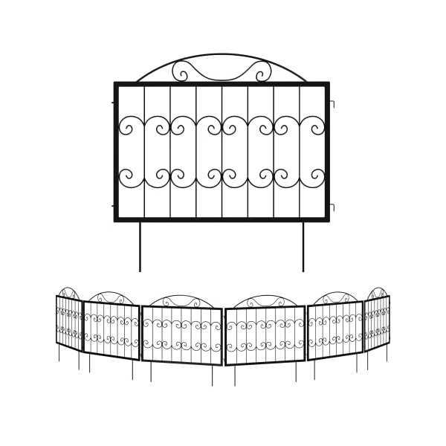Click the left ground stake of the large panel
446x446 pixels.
coord(140,247)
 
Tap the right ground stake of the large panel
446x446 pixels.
coord(303,247)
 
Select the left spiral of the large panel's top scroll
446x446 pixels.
coord(181,72)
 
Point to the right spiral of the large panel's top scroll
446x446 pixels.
coord(262,72)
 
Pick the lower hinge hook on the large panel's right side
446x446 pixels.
coord(332,206)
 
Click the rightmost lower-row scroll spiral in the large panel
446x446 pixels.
coord(317,177)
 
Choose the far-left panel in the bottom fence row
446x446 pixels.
coord(68,322)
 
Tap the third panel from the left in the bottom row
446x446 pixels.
coord(181,335)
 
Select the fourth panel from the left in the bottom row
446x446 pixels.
coord(265,335)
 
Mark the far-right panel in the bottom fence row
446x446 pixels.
coord(377,321)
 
